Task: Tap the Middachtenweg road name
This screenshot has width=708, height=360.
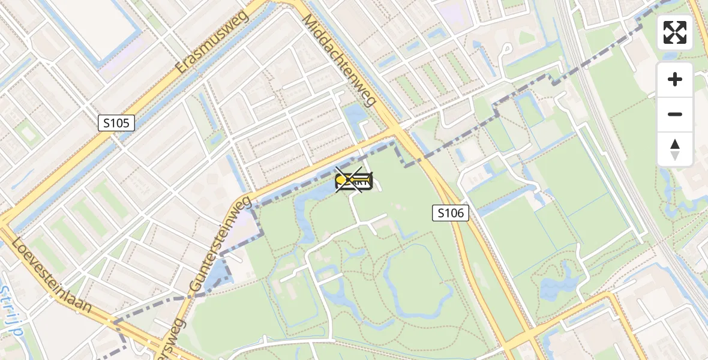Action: pyautogui.click(x=339, y=60)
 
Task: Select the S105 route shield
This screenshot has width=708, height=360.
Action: pyautogui.click(x=116, y=124)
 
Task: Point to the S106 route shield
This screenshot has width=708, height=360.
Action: pyautogui.click(x=450, y=212)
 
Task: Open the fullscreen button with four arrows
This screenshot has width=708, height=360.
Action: pyautogui.click(x=675, y=32)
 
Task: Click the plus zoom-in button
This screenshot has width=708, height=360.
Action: pyautogui.click(x=675, y=79)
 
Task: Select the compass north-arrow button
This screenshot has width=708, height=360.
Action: pyautogui.click(x=675, y=149)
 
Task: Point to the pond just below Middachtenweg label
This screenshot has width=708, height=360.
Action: pyautogui.click(x=355, y=114)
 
